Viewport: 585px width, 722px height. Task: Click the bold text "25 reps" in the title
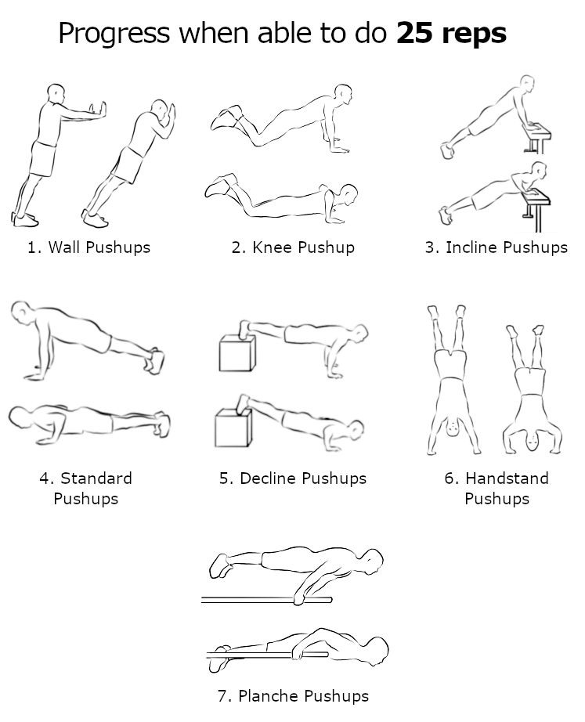click(x=451, y=33)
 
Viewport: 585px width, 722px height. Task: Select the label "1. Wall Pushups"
click(x=89, y=247)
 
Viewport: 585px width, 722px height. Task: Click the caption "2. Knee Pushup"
click(x=293, y=247)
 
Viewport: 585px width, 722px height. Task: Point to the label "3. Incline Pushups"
click(x=496, y=247)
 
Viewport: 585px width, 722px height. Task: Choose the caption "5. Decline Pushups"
click(x=293, y=478)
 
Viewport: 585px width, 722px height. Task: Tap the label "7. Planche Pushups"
click(x=293, y=695)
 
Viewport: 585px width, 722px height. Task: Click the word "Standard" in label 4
click(x=96, y=478)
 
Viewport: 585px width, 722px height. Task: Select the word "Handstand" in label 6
click(x=507, y=478)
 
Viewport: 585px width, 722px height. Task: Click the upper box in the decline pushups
click(x=237, y=353)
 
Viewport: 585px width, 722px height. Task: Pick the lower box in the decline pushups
click(x=233, y=428)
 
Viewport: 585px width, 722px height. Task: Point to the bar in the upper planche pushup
click(x=267, y=600)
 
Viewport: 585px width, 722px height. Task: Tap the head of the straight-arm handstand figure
click(x=453, y=426)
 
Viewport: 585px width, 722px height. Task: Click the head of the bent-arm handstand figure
click(x=532, y=441)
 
